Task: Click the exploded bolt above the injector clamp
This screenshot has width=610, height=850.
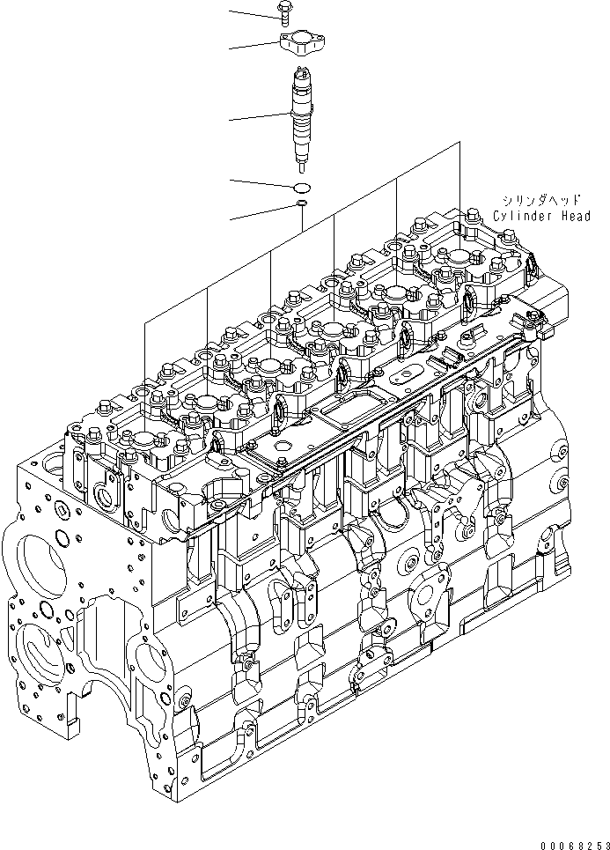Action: [286, 10]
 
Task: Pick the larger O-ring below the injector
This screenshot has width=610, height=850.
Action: [302, 187]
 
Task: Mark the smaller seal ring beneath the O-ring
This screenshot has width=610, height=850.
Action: [302, 203]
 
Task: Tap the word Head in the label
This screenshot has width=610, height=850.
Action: [576, 216]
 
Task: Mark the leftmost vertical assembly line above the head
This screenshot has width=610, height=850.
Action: [144, 352]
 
